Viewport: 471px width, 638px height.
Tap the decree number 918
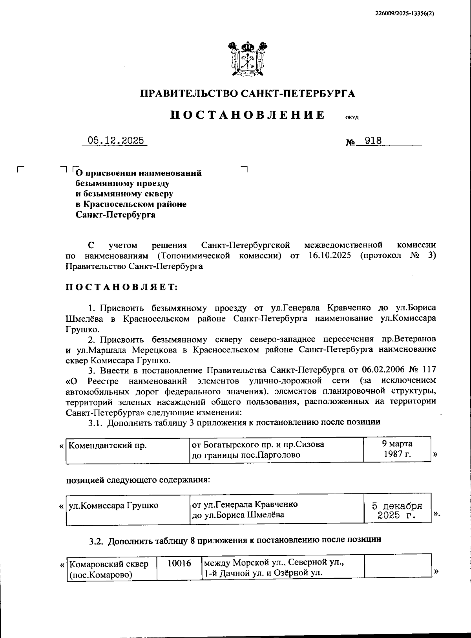(373, 141)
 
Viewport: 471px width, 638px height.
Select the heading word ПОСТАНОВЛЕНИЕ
(248, 115)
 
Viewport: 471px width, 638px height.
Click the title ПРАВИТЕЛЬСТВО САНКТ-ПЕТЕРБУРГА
(248, 93)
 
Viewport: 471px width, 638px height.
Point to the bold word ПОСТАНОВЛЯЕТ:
(122, 287)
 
